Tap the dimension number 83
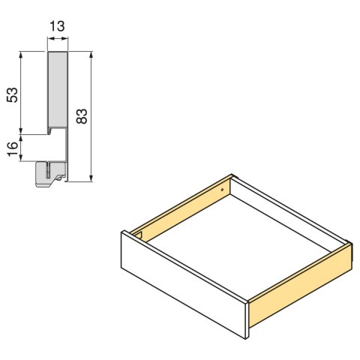pyautogui.click(x=82, y=115)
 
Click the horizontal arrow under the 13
pyautogui.click(x=58, y=43)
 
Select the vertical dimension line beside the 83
pyautogui.click(x=91, y=116)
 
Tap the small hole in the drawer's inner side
pyautogui.click(x=222, y=190)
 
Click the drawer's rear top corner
pyautogui.click(x=231, y=177)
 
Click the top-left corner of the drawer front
pyautogui.click(x=121, y=232)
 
